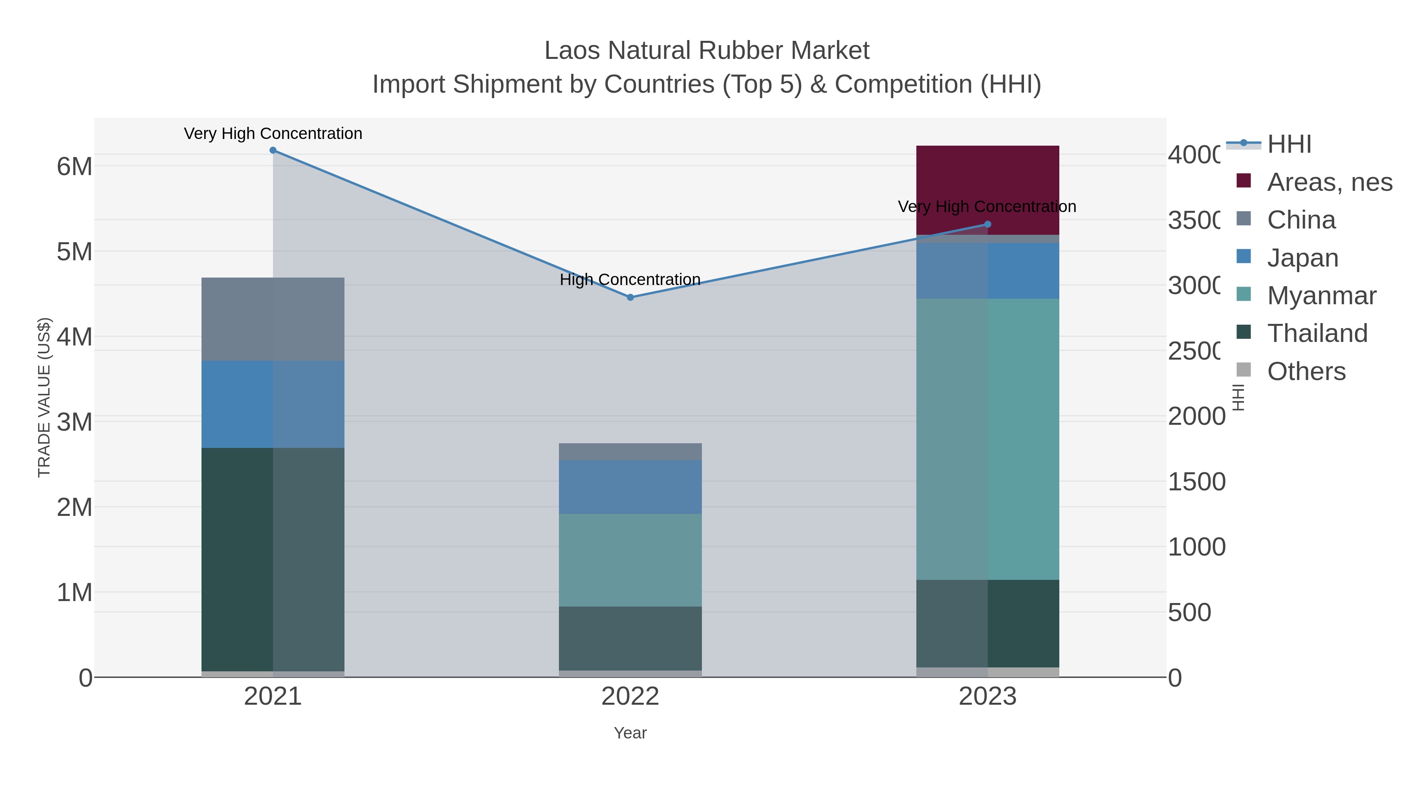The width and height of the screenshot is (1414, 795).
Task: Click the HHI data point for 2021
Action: click(273, 150)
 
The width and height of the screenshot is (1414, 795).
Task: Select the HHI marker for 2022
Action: click(630, 297)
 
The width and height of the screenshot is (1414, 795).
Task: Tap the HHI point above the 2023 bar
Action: click(987, 224)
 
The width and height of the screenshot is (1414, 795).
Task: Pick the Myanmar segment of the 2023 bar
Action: click(987, 439)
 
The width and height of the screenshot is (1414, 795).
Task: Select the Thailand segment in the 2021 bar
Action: click(273, 559)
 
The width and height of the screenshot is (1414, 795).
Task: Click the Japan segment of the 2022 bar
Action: click(630, 487)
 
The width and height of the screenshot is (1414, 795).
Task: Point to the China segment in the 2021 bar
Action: click(273, 319)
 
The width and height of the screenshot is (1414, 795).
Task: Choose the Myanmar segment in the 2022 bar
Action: click(630, 559)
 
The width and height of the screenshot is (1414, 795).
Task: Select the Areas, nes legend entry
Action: click(1329, 182)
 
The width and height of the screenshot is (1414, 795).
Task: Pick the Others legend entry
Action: click(1306, 371)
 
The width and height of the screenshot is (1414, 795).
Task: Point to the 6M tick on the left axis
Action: click(75, 166)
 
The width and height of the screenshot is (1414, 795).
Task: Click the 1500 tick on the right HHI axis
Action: click(1196, 482)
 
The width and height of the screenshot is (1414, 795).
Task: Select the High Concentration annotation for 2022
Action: click(630, 280)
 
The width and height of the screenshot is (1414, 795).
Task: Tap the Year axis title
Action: click(630, 733)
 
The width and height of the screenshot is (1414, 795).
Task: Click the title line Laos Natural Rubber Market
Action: click(707, 51)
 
